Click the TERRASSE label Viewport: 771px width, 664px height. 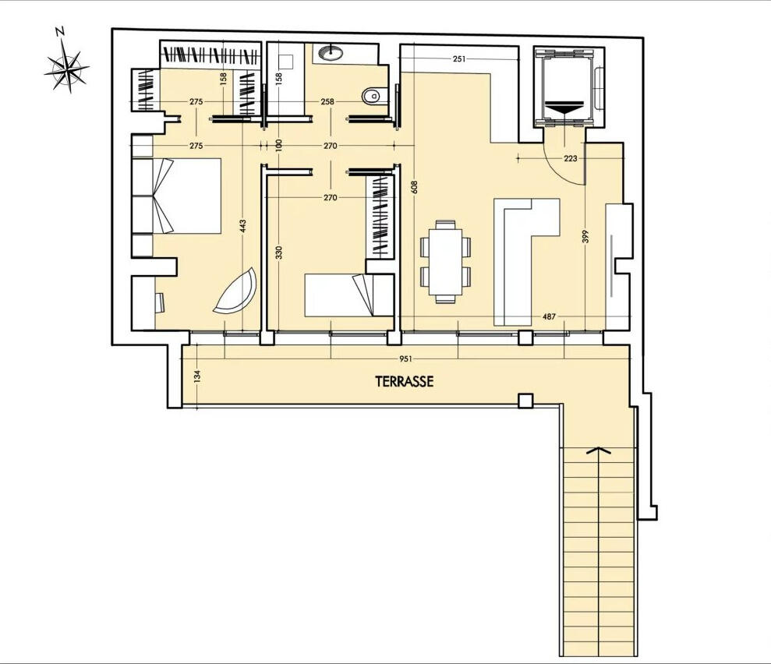[404, 381]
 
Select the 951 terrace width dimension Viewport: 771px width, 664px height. [405, 358]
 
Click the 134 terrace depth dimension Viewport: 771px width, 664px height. [197, 376]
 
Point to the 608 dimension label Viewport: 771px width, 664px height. [414, 187]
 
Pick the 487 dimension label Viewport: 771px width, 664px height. [549, 316]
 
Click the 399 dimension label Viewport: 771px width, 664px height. [585, 236]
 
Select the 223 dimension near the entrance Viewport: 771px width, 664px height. [571, 158]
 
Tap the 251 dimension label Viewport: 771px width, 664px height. [458, 59]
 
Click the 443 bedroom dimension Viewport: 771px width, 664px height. [243, 226]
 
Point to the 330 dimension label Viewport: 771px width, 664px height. [279, 253]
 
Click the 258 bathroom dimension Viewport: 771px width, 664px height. [327, 102]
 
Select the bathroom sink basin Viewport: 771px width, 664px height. [331, 52]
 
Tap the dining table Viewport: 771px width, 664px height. [445, 262]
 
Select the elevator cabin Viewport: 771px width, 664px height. [565, 89]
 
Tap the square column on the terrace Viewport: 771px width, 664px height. [525, 401]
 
